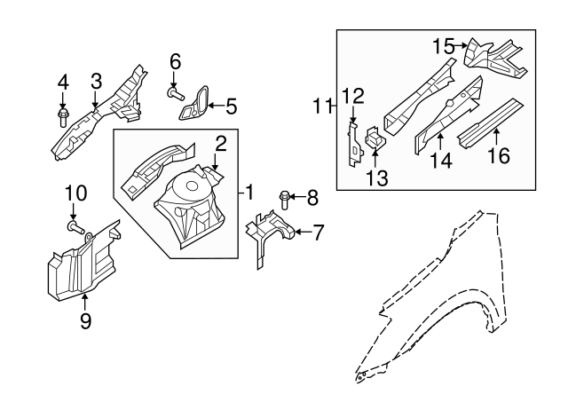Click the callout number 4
pos(63,83)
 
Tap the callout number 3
pos(96,83)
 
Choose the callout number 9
pos(86,321)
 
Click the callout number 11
pos(321,107)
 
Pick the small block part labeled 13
pos(375,138)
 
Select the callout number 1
pos(250,192)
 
